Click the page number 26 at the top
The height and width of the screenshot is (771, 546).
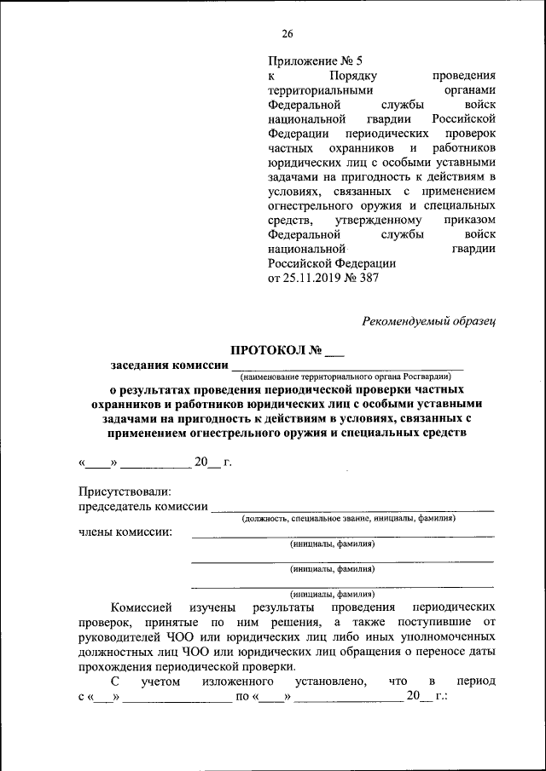click(x=287, y=34)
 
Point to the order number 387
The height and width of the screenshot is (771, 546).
click(x=369, y=278)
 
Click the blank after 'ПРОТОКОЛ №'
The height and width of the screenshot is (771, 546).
click(x=334, y=350)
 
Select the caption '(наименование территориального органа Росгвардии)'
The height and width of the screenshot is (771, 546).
click(x=344, y=376)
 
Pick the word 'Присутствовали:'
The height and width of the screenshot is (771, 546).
click(x=125, y=492)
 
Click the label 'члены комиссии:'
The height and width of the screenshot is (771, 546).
click(x=125, y=532)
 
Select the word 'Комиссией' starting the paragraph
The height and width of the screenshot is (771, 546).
click(x=141, y=607)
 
